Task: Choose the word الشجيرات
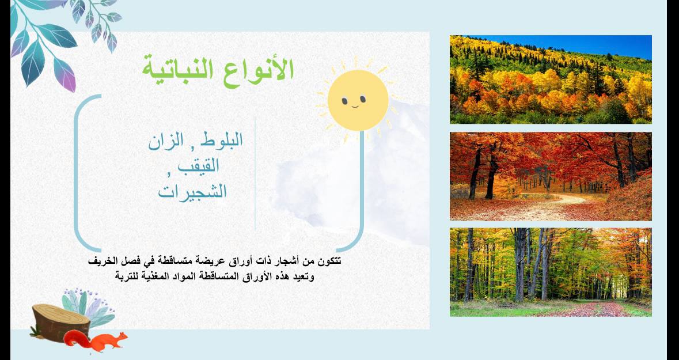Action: coord(192,191)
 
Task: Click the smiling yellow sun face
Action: coord(358,100)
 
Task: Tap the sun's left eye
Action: coord(345,101)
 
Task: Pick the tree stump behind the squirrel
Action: coord(60,323)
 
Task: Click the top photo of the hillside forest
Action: coord(551,79)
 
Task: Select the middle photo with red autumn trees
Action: coord(551,176)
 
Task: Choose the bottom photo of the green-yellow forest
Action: coord(551,272)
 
